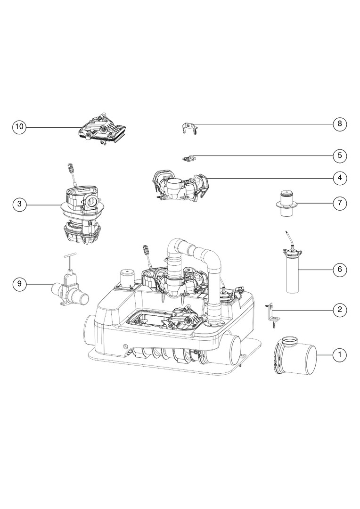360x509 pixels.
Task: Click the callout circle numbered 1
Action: [340, 354]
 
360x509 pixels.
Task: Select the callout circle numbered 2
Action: [340, 310]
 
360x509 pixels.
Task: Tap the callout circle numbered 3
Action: [19, 204]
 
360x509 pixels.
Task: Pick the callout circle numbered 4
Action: [340, 178]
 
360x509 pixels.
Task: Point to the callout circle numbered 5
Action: [340, 156]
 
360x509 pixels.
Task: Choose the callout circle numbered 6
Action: [340, 269]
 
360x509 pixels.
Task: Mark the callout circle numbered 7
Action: [340, 203]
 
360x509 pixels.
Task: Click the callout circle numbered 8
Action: [340, 123]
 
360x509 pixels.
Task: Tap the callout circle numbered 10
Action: [19, 126]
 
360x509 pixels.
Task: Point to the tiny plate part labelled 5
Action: [188, 158]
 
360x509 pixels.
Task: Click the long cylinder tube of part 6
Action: [292, 275]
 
